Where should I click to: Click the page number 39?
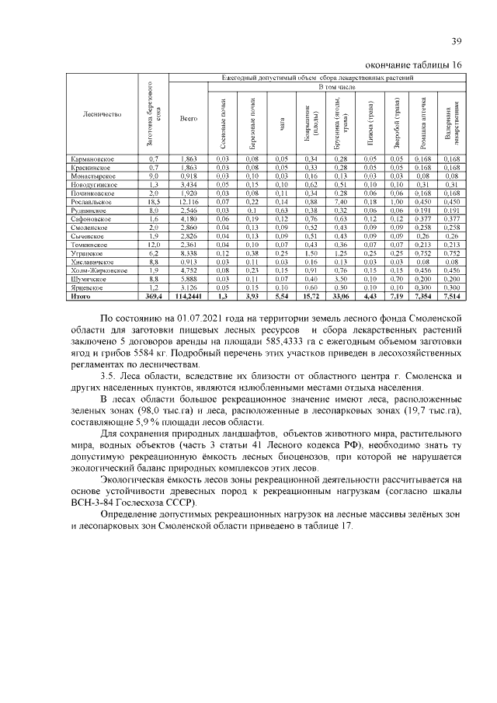click(456, 42)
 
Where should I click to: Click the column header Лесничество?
click(102, 114)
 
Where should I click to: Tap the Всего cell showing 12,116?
click(189, 201)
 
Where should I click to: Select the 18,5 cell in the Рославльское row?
click(153, 201)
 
